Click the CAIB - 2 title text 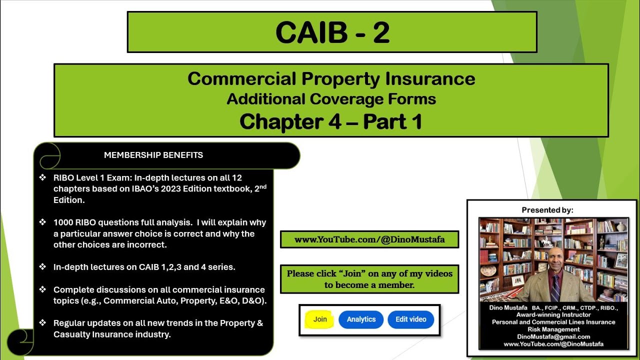(332, 32)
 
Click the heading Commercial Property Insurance (331, 78)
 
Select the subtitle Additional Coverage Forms (331, 99)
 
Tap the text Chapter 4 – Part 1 (331, 121)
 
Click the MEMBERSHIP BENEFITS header (153, 155)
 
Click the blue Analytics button (361, 319)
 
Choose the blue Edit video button (410, 319)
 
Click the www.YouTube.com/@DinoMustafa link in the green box (369, 239)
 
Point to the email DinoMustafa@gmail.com (553, 336)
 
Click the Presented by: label (547, 210)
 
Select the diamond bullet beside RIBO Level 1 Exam (42, 177)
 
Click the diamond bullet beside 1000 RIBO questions (42, 222)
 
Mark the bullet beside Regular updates (42, 323)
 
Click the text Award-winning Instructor (553, 315)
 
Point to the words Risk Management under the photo (553, 329)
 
